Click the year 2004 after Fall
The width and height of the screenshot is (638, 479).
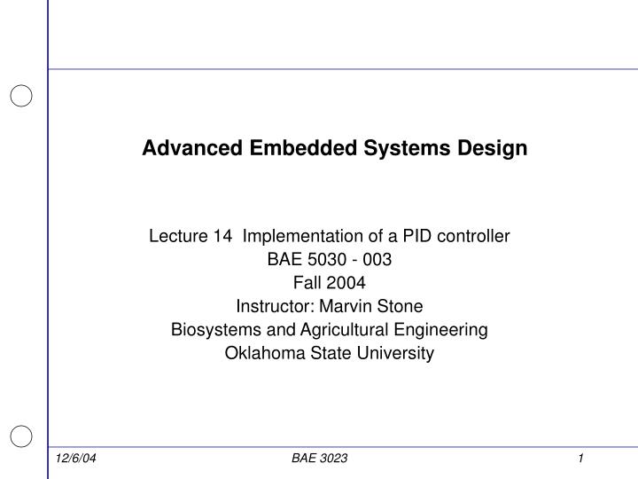coord(346,283)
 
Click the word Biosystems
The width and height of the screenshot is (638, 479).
coord(208,330)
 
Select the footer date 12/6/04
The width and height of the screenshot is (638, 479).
coord(74,458)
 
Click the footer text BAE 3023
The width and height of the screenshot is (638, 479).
coord(319,458)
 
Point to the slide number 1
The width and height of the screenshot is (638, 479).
coord(580,458)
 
